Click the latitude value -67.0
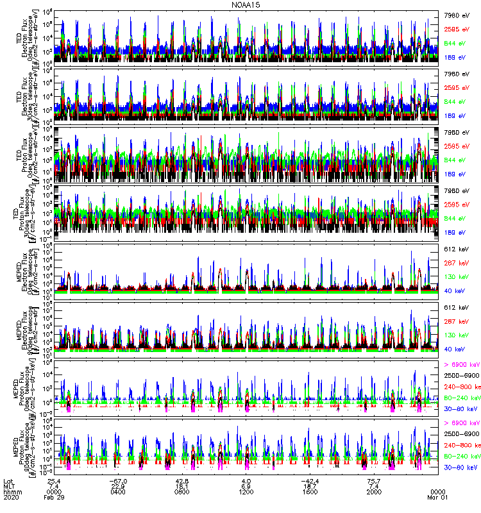click(117, 481)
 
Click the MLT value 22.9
click(117, 489)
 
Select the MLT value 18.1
click(181, 489)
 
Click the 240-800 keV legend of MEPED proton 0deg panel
click(460, 387)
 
